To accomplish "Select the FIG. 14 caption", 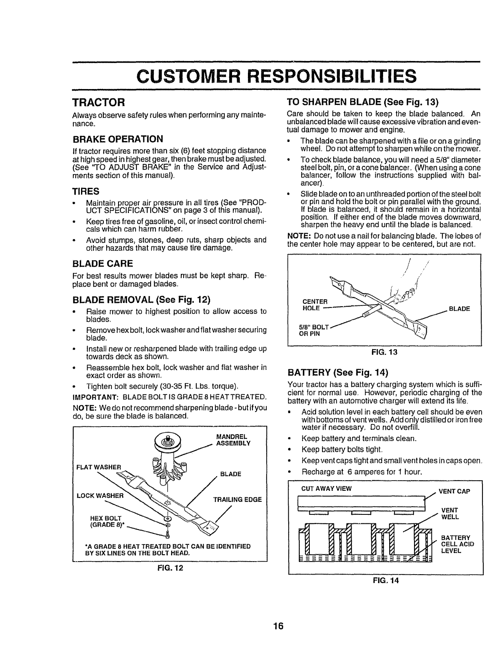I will pos(386,580).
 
